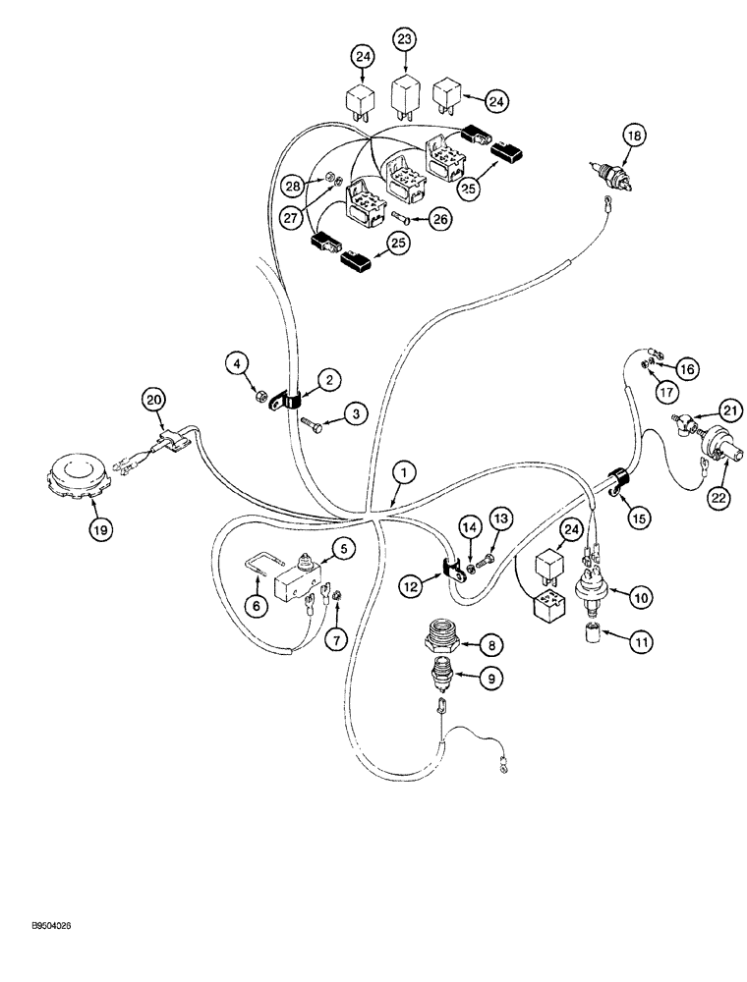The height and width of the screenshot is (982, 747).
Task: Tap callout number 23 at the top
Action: tap(406, 40)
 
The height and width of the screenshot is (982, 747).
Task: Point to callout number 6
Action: tap(256, 607)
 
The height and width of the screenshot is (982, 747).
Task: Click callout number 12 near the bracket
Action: tap(411, 585)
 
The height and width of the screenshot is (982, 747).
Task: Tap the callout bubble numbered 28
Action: tap(291, 185)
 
